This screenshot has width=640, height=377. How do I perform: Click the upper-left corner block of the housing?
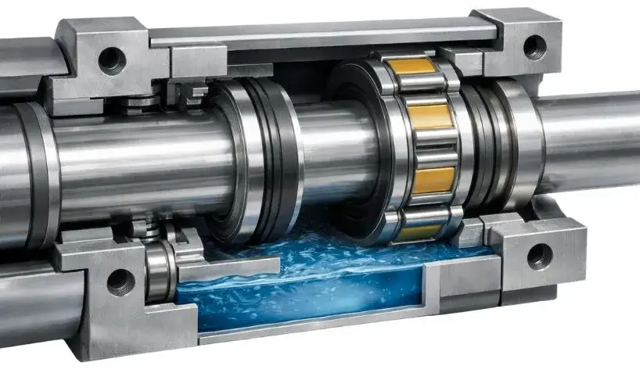click(102, 59)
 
